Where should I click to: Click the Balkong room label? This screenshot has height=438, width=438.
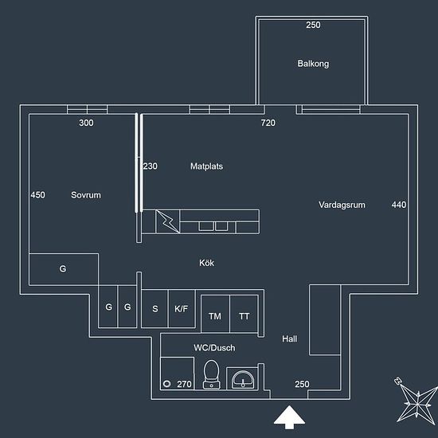coord(313,64)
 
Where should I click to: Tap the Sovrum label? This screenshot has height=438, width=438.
coord(86,195)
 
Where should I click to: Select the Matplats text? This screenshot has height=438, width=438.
coord(207,166)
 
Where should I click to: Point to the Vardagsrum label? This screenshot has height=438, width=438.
coord(342,205)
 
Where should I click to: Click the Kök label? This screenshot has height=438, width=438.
coord(207,263)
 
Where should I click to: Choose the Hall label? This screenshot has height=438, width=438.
coord(290,338)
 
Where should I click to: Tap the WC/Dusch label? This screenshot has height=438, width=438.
coord(214,348)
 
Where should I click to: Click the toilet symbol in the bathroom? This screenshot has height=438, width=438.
coord(212,374)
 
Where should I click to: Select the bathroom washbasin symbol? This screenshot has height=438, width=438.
coord(243,379)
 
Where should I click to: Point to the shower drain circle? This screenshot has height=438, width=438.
coord(167,384)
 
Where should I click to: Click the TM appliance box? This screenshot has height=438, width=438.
coord(215,314)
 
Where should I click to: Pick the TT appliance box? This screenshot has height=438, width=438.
coord(244,314)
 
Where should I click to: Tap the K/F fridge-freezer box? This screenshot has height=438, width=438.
coord(182,308)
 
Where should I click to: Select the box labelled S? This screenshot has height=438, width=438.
coord(155,308)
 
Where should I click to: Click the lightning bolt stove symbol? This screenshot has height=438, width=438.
coord(167,221)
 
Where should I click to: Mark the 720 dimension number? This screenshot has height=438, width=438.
coord(268,123)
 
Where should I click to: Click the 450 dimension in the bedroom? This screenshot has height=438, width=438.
coord(37,195)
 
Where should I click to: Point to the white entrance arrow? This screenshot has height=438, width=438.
coord(289,417)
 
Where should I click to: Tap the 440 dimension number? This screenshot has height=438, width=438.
coord(399,205)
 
